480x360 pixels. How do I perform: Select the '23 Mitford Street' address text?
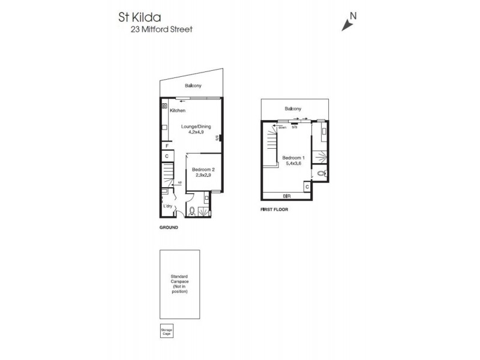click(162, 29)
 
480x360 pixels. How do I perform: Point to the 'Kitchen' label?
click(178, 111)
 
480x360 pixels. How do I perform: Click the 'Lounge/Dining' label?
click(196, 126)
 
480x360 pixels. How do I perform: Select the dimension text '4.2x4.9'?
click(197, 132)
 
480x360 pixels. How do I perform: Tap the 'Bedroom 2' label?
click(203, 170)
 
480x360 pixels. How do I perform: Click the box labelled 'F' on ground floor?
click(166, 146)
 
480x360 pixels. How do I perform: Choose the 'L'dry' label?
click(168, 206)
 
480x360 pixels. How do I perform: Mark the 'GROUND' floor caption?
click(169, 228)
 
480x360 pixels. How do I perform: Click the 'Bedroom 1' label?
click(294, 158)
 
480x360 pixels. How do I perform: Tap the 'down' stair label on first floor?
click(282, 127)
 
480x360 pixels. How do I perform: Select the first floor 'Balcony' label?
click(293, 109)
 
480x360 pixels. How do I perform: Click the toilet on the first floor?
click(322, 173)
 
